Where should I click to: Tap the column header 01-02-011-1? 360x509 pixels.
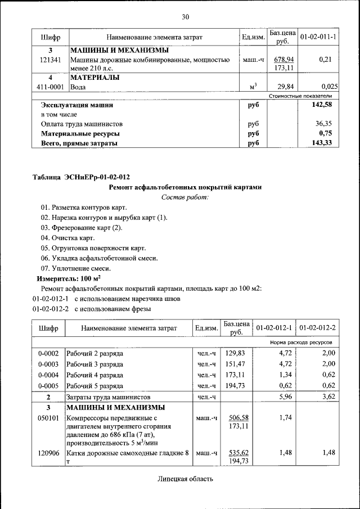coord(318,37)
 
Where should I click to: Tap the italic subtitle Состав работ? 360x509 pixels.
coord(185,197)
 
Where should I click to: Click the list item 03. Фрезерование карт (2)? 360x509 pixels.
coord(81,227)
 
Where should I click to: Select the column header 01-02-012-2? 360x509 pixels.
coord(317,328)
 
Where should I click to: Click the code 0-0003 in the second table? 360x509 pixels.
coord(48,364)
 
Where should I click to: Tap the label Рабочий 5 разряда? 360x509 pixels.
coord(95,385)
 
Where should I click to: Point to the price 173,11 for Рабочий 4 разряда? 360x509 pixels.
coord(236,375)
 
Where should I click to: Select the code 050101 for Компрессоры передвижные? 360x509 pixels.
coord(48,418)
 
